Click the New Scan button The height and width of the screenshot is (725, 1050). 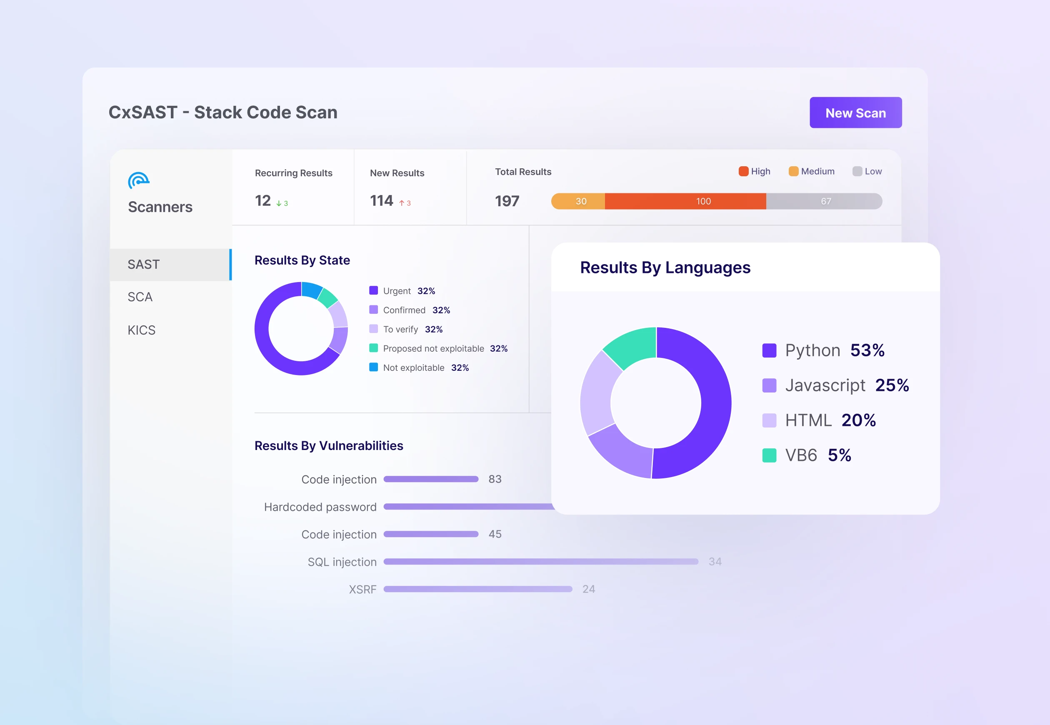pyautogui.click(x=855, y=112)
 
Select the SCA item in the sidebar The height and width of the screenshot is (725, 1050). pyautogui.click(x=140, y=297)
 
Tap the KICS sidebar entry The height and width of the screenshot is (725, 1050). pyautogui.click(x=141, y=330)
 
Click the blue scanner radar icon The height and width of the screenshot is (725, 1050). pyautogui.click(x=138, y=181)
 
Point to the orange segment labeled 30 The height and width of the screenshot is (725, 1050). pyautogui.click(x=579, y=201)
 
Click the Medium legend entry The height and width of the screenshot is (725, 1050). pyautogui.click(x=812, y=171)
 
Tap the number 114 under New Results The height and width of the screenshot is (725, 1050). pyautogui.click(x=381, y=200)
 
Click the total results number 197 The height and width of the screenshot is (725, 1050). pyautogui.click(x=507, y=201)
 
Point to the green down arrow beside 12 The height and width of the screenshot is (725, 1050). pyautogui.click(x=279, y=203)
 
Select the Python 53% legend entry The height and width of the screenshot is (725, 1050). pyautogui.click(x=823, y=350)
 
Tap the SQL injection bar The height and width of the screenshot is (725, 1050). pyautogui.click(x=540, y=562)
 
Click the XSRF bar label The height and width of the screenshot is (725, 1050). pyautogui.click(x=362, y=590)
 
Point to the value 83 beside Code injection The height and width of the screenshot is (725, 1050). pyautogui.click(x=495, y=479)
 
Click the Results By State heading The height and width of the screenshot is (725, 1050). pyautogui.click(x=302, y=260)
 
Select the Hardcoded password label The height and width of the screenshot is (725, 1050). pyautogui.click(x=320, y=507)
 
